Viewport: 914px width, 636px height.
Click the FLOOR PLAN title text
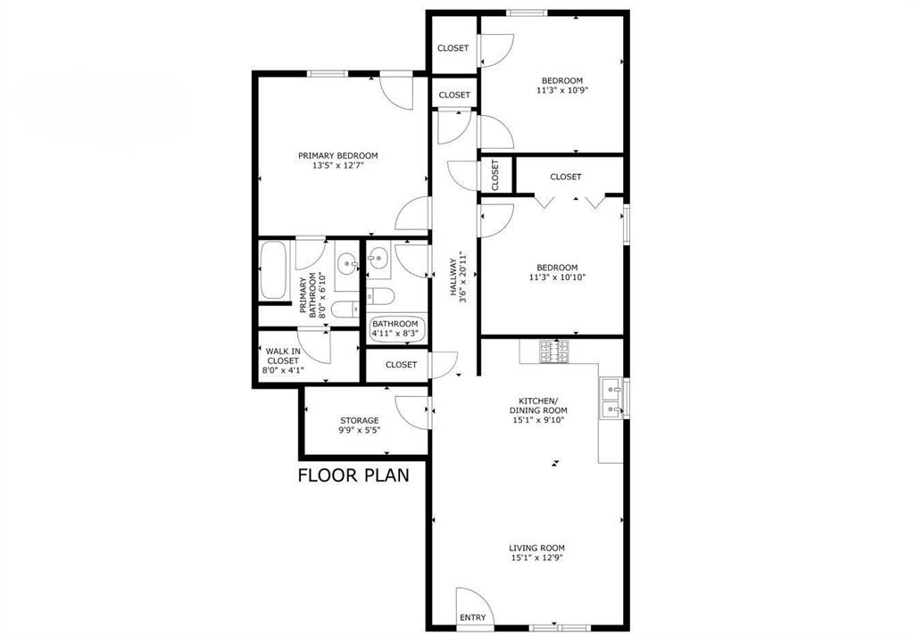[x=353, y=475]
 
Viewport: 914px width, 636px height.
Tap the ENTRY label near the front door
[x=473, y=617]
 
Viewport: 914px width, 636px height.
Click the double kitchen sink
[x=612, y=398]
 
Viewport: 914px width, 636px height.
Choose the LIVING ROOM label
[x=537, y=548]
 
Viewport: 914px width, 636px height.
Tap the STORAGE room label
[x=359, y=420]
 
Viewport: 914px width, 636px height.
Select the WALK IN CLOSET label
[x=283, y=355]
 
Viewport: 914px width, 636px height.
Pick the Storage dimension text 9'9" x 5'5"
[x=359, y=430]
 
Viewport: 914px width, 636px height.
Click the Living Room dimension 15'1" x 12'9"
[x=537, y=558]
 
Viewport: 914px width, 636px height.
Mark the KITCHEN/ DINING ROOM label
[x=538, y=405]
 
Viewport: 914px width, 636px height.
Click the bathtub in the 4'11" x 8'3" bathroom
[x=396, y=328]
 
